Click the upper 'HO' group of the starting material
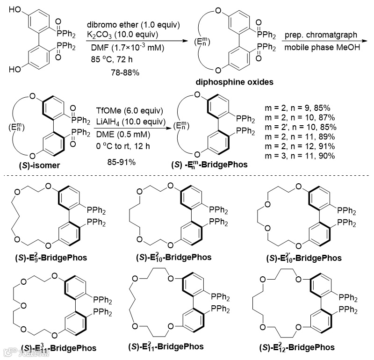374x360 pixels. pos(14,9)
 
